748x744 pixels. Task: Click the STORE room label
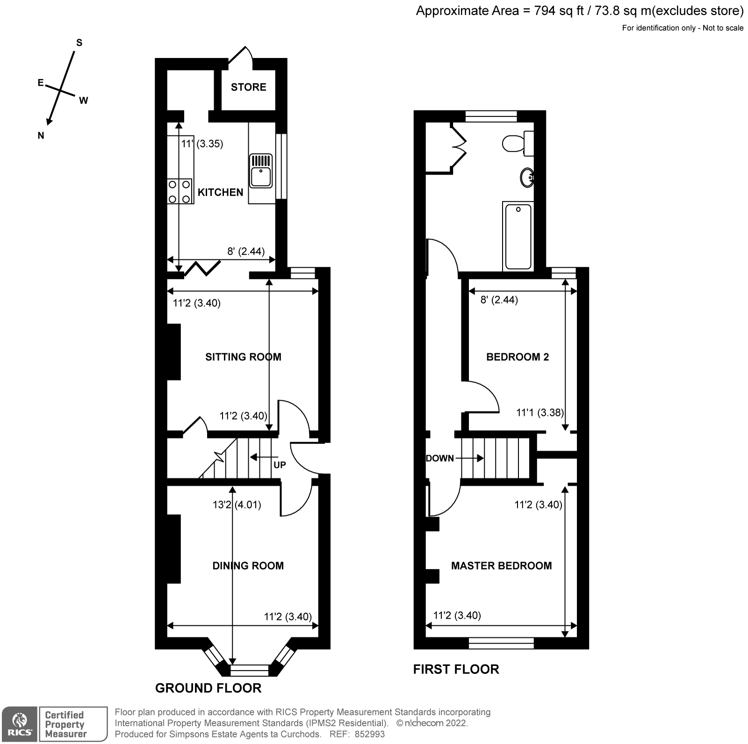click(x=248, y=87)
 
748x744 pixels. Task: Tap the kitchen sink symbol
click(x=261, y=171)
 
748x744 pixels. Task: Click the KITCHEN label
click(x=220, y=193)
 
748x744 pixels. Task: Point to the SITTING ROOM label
click(x=243, y=357)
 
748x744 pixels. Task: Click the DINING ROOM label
click(x=248, y=566)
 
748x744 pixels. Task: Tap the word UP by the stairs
click(x=280, y=465)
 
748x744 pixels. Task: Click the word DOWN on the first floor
click(x=440, y=458)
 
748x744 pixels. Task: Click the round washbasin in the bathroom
click(x=527, y=178)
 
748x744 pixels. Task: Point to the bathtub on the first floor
click(x=518, y=236)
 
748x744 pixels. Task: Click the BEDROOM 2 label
click(x=518, y=357)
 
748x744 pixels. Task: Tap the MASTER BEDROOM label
click(x=501, y=566)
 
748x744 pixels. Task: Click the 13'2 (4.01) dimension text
click(x=237, y=505)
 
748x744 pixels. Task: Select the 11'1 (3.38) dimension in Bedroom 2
click(x=540, y=413)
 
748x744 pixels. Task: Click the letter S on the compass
click(x=79, y=43)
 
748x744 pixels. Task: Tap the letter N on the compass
click(x=41, y=136)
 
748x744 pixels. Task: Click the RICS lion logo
click(x=20, y=723)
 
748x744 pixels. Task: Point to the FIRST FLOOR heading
click(x=456, y=669)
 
